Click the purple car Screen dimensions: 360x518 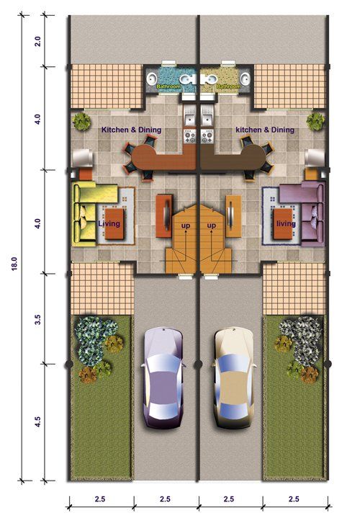click(x=163, y=378)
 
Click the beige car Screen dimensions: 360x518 click(x=234, y=378)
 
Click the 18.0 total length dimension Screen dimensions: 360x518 click(x=14, y=264)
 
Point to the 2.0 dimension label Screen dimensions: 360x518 click(x=38, y=41)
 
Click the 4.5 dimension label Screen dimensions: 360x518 click(x=38, y=422)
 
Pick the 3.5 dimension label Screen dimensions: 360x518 click(x=38, y=319)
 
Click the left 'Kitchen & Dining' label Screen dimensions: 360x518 click(x=131, y=130)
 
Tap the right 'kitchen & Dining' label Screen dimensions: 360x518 click(x=265, y=130)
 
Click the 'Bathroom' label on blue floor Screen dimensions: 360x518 click(x=168, y=86)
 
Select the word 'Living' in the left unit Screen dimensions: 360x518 click(x=109, y=223)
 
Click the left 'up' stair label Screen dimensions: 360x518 click(x=186, y=226)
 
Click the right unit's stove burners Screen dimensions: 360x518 click(x=207, y=136)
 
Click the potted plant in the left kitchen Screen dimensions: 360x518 click(x=81, y=122)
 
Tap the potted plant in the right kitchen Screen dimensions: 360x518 click(x=315, y=122)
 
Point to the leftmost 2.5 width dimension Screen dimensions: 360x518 click(x=100, y=499)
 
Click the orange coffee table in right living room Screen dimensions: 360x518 click(x=283, y=223)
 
